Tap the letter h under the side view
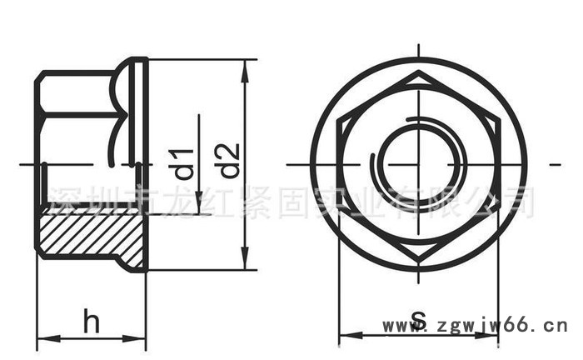click(91, 321)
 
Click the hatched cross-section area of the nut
click(87, 235)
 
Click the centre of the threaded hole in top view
click(419, 164)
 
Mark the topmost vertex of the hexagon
click(419, 72)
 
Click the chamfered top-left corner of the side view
click(38, 76)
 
